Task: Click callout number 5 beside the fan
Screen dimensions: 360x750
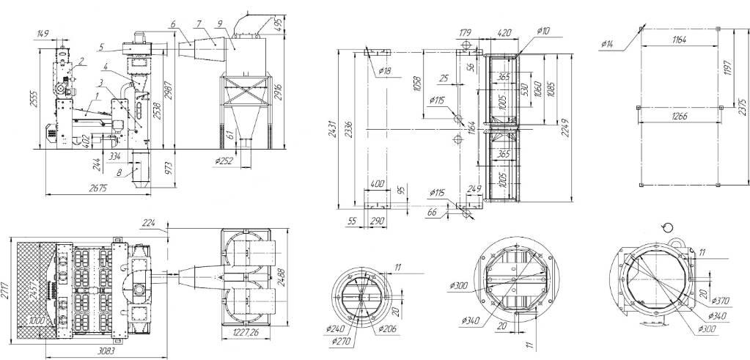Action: click(102, 47)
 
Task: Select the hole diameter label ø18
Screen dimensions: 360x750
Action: click(384, 70)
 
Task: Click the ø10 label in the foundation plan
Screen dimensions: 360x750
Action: click(543, 31)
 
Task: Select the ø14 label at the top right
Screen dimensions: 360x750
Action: click(608, 45)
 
